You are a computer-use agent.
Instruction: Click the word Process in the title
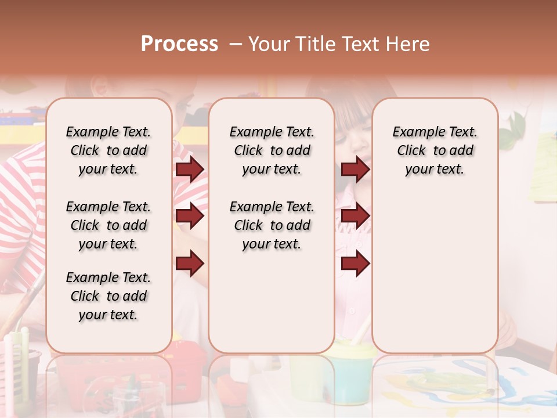click(179, 44)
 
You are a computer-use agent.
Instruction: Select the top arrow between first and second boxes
click(190, 169)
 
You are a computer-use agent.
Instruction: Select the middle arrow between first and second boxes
click(190, 217)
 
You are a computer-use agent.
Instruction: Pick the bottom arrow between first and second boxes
click(190, 264)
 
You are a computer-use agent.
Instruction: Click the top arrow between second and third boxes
click(355, 169)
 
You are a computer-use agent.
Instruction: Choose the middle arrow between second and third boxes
click(355, 217)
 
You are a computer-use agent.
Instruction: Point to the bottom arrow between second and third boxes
click(355, 264)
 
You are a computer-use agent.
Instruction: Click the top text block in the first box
click(108, 150)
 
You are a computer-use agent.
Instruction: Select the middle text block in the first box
click(108, 225)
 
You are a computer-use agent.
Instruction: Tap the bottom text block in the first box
click(108, 296)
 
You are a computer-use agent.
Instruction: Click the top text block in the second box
click(272, 150)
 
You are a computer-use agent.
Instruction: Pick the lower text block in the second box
click(272, 225)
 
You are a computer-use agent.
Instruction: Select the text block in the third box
click(435, 150)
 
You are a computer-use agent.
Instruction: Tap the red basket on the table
click(186, 363)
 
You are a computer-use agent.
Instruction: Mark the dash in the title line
click(235, 44)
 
